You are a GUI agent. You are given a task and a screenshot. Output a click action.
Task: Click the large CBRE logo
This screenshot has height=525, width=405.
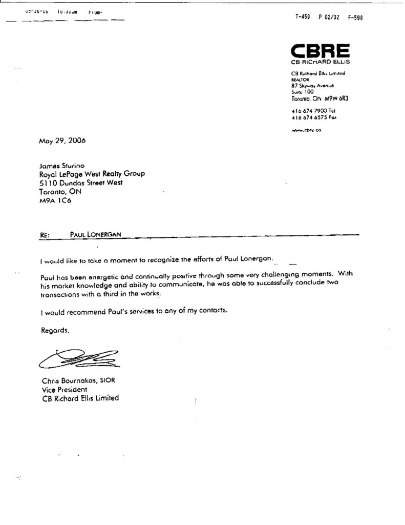point(321,50)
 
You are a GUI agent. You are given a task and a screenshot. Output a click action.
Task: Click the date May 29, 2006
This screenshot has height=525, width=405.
point(62,140)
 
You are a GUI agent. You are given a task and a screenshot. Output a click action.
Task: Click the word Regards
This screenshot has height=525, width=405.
point(54,330)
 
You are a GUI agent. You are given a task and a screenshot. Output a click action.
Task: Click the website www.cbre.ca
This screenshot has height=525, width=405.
point(306,130)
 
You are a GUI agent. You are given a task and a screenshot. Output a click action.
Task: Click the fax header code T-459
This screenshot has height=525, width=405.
point(303,17)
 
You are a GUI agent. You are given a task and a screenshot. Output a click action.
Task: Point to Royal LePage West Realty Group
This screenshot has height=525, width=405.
point(92,174)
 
